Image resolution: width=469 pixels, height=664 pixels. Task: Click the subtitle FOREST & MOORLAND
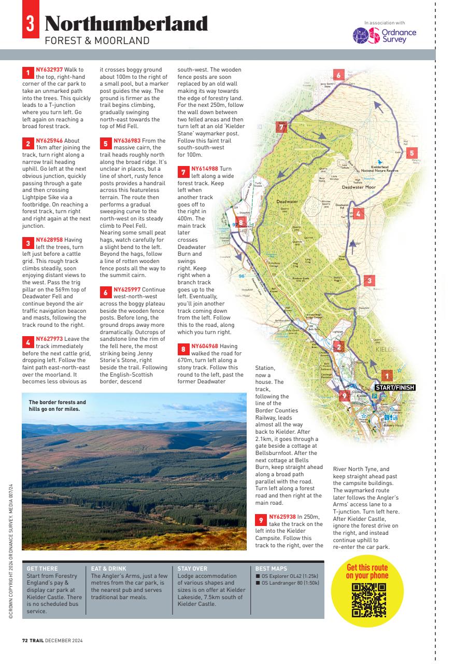point(97,40)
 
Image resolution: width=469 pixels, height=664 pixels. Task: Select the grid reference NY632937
point(49,70)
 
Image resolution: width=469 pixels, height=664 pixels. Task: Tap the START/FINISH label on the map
point(394,387)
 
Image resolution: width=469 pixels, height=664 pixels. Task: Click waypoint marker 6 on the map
point(338,75)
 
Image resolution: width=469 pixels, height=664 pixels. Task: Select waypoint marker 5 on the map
point(411,153)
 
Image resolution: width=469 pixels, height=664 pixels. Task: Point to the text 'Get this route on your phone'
point(367,571)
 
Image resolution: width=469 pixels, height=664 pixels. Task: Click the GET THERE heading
point(42,569)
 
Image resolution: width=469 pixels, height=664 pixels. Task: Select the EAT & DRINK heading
point(109,569)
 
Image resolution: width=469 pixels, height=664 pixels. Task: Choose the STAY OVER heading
point(192,569)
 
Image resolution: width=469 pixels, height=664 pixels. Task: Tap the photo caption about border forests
point(58,405)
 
